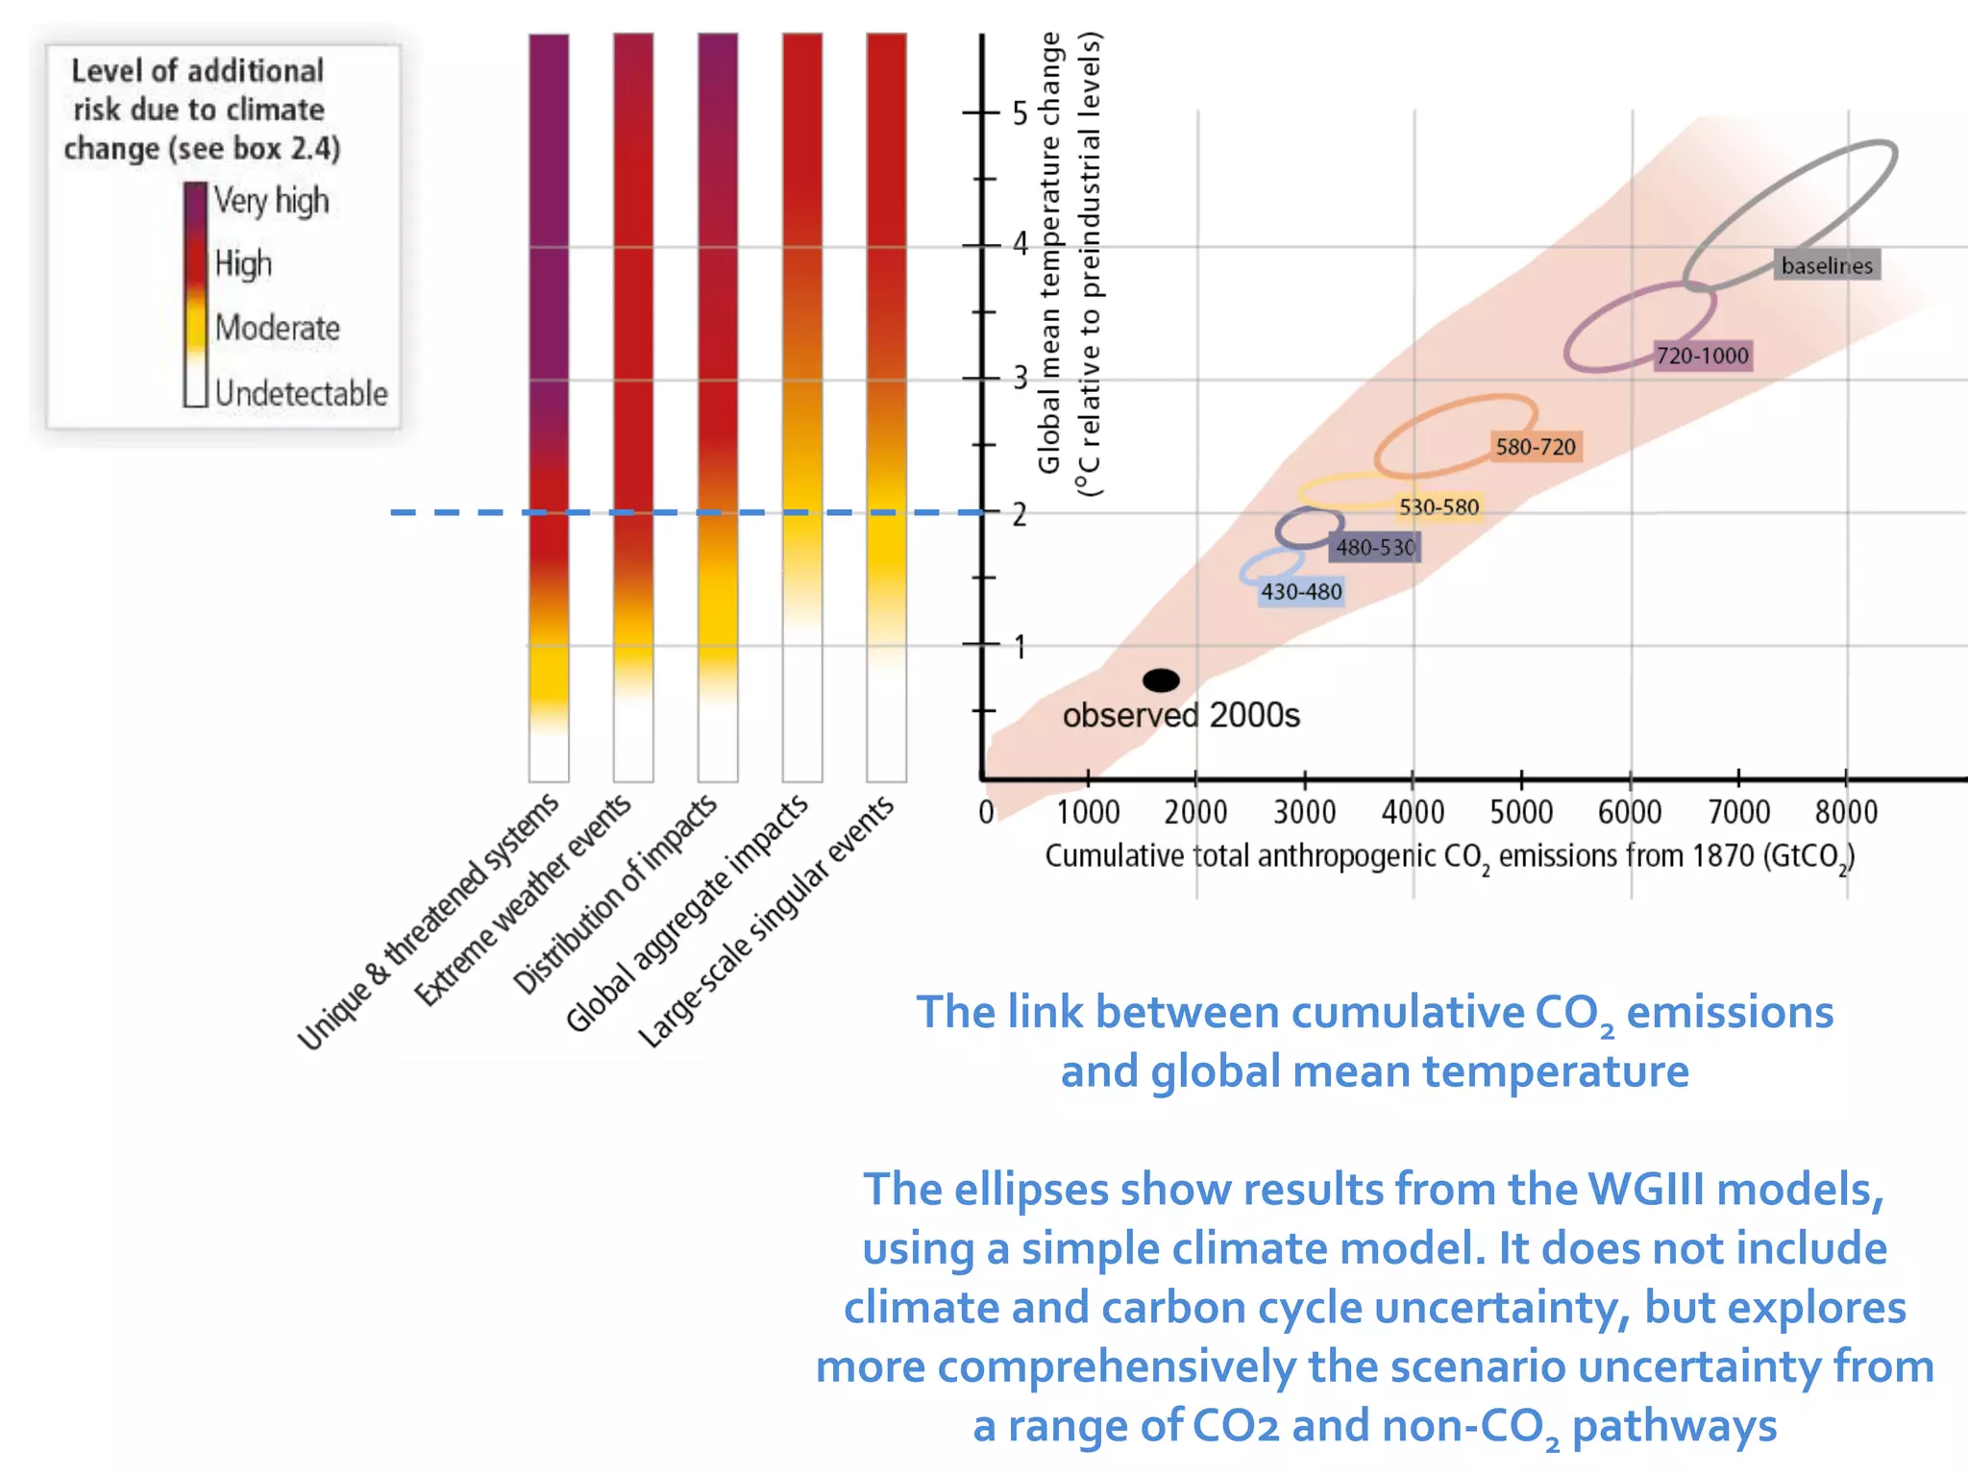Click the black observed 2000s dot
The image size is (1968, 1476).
1161,680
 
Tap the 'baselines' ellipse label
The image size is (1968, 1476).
1826,265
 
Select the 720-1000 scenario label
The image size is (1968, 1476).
1702,356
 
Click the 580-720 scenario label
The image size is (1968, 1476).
1535,447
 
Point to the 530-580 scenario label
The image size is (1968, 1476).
1438,506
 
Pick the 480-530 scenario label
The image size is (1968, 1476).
1375,548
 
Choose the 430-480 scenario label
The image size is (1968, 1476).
1300,592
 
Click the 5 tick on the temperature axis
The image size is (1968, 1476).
1020,113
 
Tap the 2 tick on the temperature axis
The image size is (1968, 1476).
1020,514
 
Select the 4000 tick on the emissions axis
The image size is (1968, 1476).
1413,812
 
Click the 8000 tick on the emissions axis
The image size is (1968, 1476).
1846,812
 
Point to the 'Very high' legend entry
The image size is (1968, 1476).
271,201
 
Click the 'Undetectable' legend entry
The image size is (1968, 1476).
301,393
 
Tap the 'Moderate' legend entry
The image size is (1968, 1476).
277,328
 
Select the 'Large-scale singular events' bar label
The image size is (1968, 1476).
766,922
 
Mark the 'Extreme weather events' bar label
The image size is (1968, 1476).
523,899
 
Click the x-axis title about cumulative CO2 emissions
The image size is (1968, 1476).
1449,856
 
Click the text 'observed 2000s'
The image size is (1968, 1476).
1180,716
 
